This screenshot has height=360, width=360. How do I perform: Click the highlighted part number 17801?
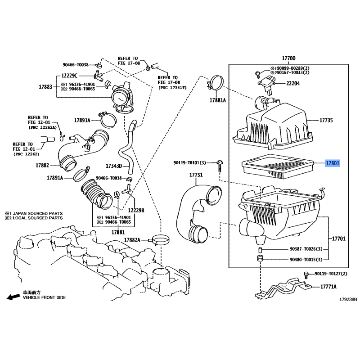pos(333,163)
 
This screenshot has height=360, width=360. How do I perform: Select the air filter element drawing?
pos(278,166)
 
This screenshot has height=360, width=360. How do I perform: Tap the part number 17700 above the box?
pos(288,58)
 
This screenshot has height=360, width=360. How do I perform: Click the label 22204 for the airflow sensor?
pos(293,83)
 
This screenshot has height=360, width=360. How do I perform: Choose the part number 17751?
pos(196,175)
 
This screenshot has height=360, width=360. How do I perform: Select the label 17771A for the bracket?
pos(328,287)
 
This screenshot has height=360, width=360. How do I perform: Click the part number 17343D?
pos(114,166)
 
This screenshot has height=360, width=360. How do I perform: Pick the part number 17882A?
pos(132,240)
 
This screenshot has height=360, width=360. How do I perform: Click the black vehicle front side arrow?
pos(13,297)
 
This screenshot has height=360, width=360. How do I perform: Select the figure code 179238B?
pos(348,299)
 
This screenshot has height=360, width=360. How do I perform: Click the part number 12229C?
pos(69,76)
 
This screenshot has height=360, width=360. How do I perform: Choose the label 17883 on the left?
pos(45,86)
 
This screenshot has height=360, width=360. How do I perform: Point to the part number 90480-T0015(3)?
pos(306,260)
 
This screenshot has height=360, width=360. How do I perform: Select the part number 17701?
pos(339,239)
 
